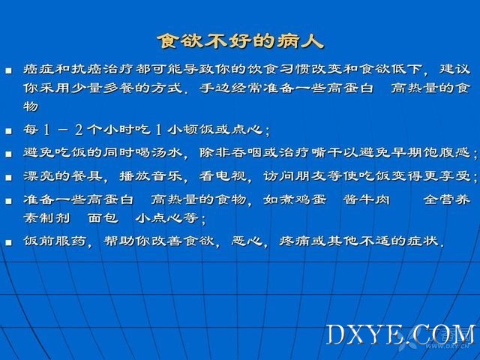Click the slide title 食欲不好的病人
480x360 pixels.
pyautogui.click(x=240, y=41)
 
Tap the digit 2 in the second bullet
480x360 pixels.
pyautogui.click(x=79, y=130)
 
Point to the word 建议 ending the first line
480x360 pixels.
pyautogui.click(x=455, y=68)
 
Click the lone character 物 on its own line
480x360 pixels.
pyautogui.click(x=31, y=106)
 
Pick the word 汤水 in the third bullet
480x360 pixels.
pyautogui.click(x=166, y=152)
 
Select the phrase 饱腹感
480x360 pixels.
pyautogui.click(x=447, y=152)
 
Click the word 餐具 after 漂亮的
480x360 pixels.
pyautogui.click(x=87, y=175)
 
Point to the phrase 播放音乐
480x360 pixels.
pyautogui.click(x=151, y=175)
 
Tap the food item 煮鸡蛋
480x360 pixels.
pyautogui.click(x=303, y=199)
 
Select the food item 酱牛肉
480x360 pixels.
pyautogui.click(x=367, y=199)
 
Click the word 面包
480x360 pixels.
pyautogui.click(x=103, y=218)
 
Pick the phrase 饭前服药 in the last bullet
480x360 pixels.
pyautogui.click(x=55, y=241)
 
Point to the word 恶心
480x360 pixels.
pyautogui.click(x=247, y=241)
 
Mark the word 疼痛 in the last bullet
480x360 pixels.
pyautogui.click(x=295, y=241)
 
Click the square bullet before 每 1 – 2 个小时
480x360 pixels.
pyautogui.click(x=8, y=131)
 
